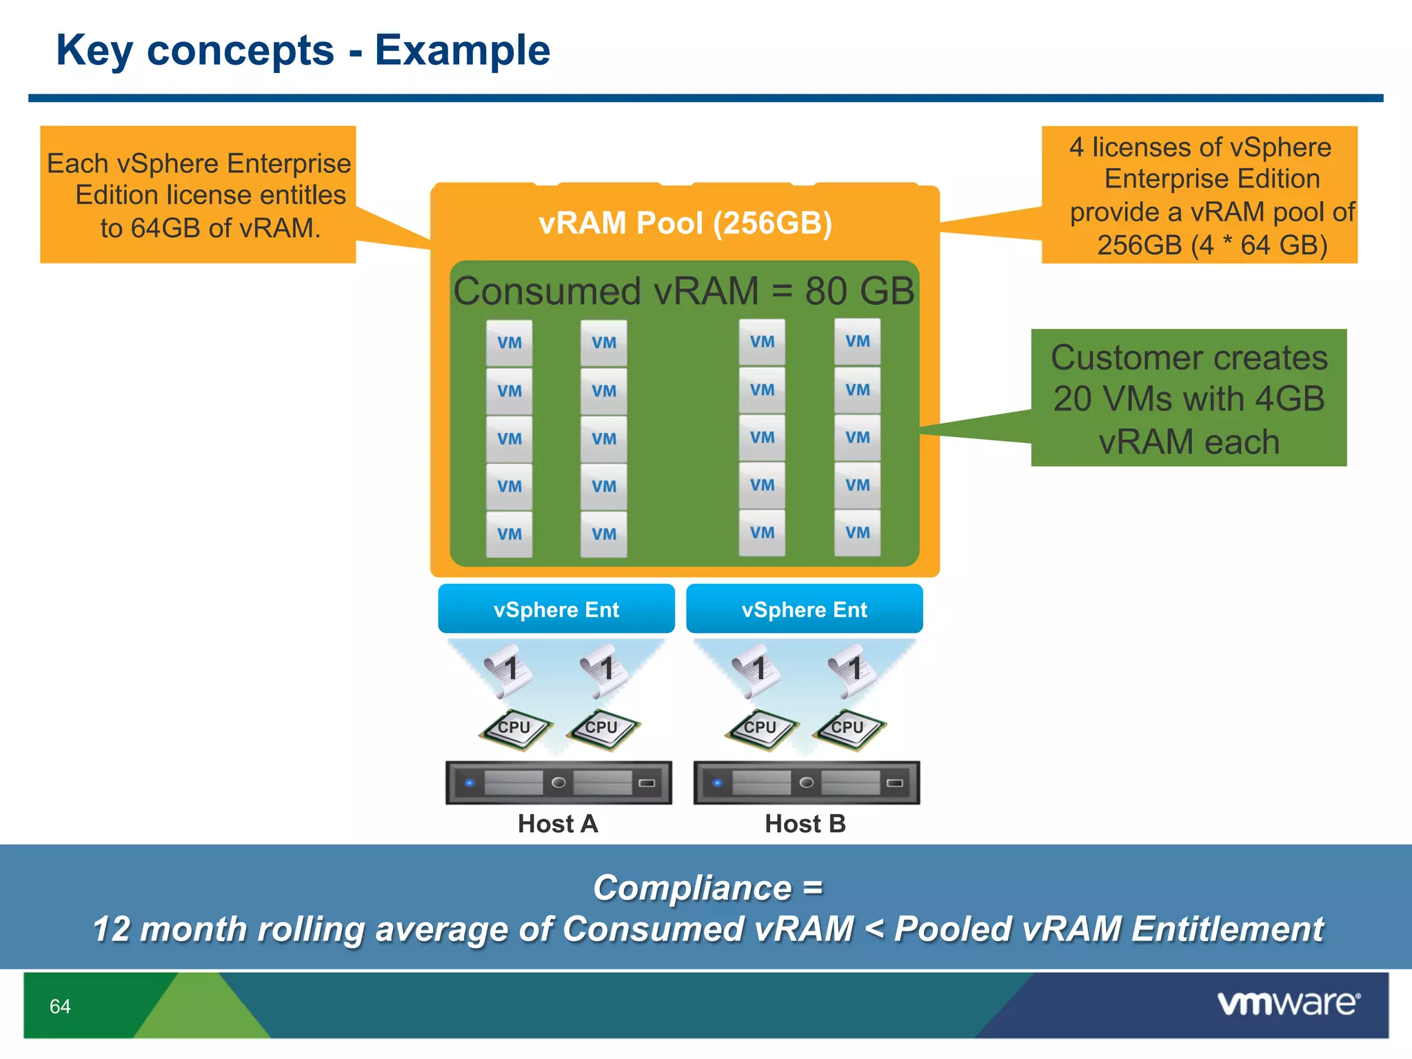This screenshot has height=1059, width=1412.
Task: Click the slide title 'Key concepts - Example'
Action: click(303, 50)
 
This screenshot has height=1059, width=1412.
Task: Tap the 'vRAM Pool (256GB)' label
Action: click(685, 223)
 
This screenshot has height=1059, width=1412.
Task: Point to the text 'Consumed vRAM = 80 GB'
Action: click(683, 290)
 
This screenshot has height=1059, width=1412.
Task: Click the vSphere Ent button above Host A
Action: click(556, 609)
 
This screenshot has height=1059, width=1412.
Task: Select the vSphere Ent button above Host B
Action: click(804, 609)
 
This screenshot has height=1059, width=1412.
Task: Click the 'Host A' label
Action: click(557, 823)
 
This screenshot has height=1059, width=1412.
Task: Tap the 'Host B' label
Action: click(805, 823)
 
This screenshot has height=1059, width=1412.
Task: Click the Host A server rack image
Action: click(558, 783)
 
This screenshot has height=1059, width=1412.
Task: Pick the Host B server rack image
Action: click(806, 783)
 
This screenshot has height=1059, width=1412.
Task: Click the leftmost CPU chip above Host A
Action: click(514, 729)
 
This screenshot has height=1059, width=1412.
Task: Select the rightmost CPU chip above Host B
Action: click(848, 729)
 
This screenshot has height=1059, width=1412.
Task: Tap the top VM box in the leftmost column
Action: click(509, 343)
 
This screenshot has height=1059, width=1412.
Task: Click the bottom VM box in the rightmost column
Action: click(857, 532)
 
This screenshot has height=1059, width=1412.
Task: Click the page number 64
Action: click(60, 1006)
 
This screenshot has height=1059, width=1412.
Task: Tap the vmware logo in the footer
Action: click(1288, 1003)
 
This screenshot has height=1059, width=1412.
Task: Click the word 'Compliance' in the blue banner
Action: click(692, 887)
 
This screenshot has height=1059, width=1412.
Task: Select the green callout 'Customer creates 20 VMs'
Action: click(1188, 398)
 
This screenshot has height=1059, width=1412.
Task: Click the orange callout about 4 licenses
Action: click(1199, 195)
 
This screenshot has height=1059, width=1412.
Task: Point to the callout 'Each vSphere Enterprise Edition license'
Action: click(198, 195)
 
